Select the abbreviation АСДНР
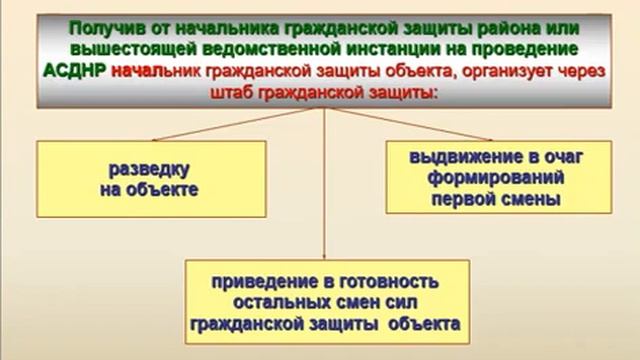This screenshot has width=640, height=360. tap(76, 71)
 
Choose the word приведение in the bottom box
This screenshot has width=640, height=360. tap(263, 282)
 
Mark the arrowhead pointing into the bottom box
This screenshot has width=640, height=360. tap(324, 254)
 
